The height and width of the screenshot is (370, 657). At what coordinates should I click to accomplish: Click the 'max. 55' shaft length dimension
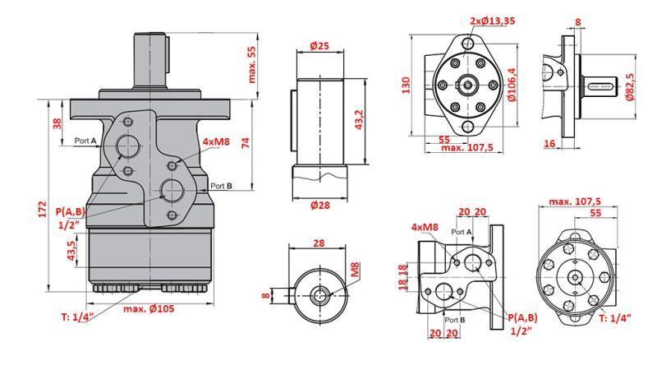click(x=252, y=64)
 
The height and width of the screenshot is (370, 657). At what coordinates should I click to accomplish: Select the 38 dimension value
click(x=57, y=124)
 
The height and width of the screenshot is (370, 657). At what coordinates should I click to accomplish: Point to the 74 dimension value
click(x=245, y=141)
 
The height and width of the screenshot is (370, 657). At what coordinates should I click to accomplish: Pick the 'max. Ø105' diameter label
click(x=151, y=308)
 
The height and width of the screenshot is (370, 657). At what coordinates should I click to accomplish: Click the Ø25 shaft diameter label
click(x=319, y=46)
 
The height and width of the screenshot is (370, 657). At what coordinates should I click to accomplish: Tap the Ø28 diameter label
click(x=319, y=205)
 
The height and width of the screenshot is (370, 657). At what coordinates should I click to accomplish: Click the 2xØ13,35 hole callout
click(x=494, y=21)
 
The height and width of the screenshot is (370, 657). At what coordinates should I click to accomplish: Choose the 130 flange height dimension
click(x=406, y=86)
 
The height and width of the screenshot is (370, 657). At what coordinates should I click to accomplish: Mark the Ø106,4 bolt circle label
click(x=512, y=86)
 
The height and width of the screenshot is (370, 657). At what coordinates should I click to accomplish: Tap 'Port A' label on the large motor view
click(x=85, y=141)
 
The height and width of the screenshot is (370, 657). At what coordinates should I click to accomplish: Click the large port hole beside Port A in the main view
click(x=127, y=146)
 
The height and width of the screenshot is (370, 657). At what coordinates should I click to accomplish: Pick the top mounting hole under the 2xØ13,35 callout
click(x=469, y=42)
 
